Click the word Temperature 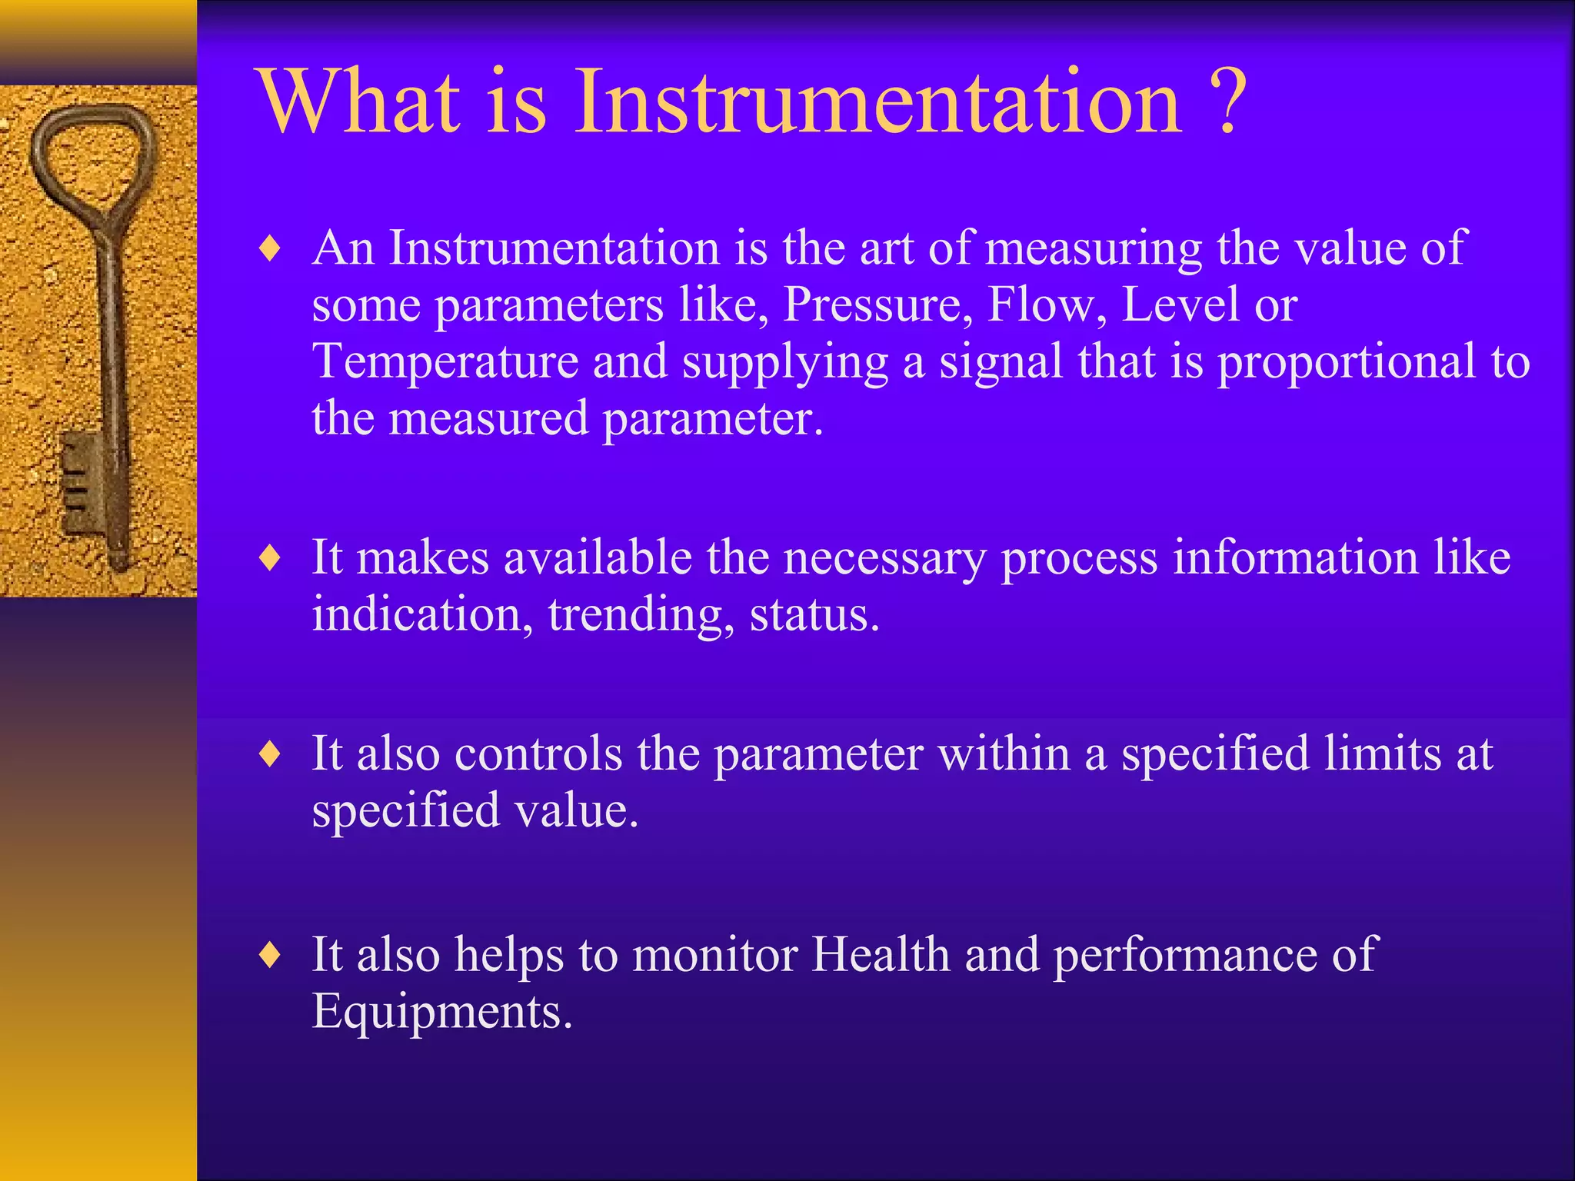pos(445,362)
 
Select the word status pos(814,616)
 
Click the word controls pos(538,754)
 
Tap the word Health pos(881,955)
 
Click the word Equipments pos(441,1012)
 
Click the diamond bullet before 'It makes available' pos(270,558)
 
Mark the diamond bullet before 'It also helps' pos(270,956)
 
